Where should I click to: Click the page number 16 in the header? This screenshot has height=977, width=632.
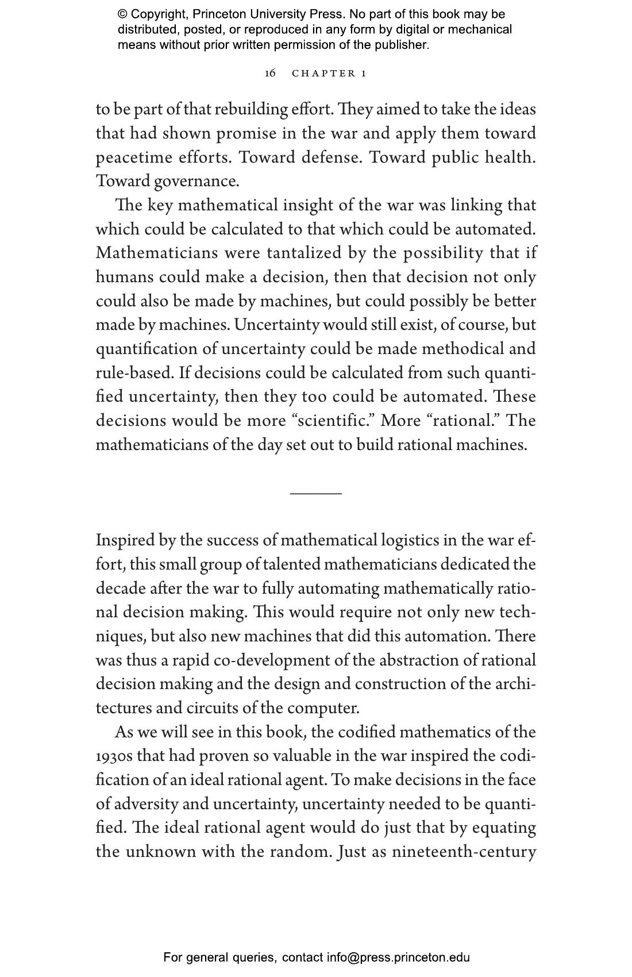click(x=270, y=73)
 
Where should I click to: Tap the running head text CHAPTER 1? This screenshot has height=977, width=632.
click(x=329, y=73)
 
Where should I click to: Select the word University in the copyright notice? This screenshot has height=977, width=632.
click(x=278, y=14)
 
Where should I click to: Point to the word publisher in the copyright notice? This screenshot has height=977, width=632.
click(x=401, y=45)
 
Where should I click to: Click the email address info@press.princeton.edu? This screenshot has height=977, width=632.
click(x=398, y=957)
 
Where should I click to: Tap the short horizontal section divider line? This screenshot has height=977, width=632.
click(x=315, y=493)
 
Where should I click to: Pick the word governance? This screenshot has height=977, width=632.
click(x=196, y=182)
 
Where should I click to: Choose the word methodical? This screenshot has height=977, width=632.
click(x=460, y=349)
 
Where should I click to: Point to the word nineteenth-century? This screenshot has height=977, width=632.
click(x=464, y=852)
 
